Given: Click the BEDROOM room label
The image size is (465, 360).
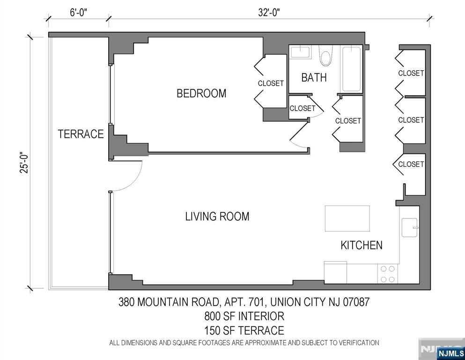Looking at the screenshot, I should click(x=201, y=93).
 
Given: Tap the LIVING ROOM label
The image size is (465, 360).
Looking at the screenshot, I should click(x=217, y=217).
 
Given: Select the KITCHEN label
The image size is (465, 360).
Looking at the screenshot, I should click(x=361, y=245).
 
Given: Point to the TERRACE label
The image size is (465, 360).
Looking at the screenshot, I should click(x=81, y=134).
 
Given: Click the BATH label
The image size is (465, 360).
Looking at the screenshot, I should click(x=314, y=77).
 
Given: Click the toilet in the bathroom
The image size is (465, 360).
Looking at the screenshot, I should click(x=326, y=55).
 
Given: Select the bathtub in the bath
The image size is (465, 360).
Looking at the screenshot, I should click(x=351, y=69).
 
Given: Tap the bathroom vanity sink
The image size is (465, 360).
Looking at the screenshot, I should click(x=300, y=52).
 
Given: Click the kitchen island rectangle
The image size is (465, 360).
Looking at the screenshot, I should click(x=347, y=218).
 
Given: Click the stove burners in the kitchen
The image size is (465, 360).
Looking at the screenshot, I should click(x=387, y=274).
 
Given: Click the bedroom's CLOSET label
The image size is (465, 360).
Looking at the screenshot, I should click(x=271, y=83).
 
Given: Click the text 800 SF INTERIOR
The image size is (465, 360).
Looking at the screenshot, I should click(x=244, y=316).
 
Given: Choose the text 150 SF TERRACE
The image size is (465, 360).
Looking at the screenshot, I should click(x=244, y=330).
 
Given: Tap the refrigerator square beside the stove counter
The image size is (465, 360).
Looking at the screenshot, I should click(x=335, y=272).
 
